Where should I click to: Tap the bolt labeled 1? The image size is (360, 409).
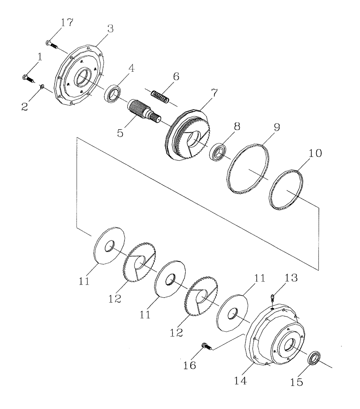pyautogui.click(x=27, y=77)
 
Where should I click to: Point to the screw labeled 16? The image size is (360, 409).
pyautogui.click(x=205, y=347)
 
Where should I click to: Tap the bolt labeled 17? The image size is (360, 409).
pyautogui.click(x=51, y=43)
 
